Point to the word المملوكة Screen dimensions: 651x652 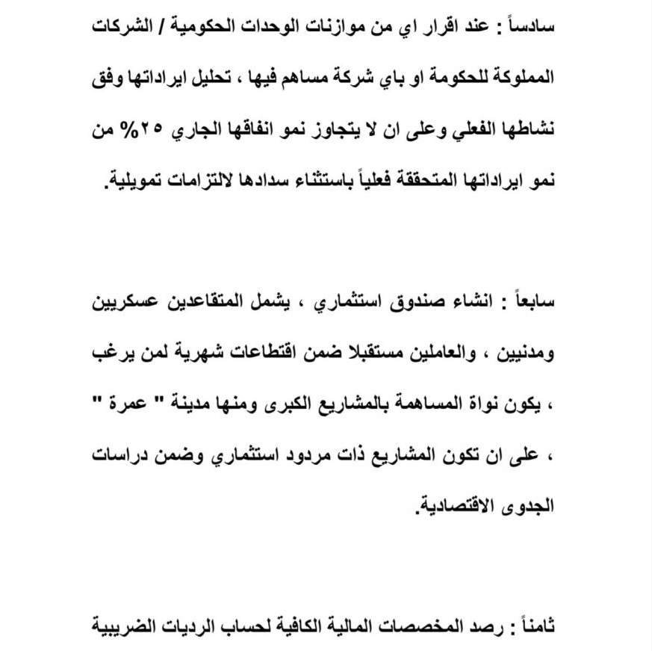[520, 76]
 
